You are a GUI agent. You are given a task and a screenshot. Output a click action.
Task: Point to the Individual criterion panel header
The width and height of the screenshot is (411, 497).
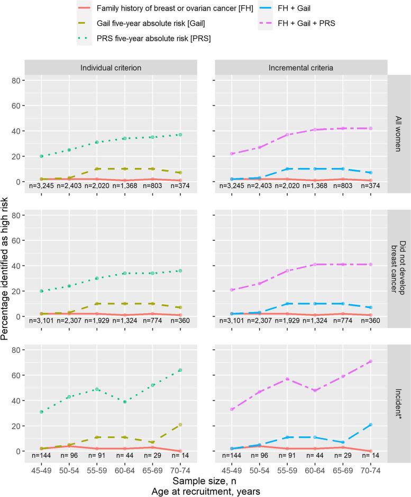point(112,68)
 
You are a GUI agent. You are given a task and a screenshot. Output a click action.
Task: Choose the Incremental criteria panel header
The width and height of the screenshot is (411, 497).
point(300,68)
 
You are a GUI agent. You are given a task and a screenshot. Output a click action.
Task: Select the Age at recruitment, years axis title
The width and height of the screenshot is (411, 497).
point(206,490)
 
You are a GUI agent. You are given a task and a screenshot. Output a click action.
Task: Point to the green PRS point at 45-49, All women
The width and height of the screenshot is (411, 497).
point(41,156)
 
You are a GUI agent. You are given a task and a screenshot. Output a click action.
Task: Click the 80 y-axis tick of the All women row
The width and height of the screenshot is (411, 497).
point(16,80)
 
